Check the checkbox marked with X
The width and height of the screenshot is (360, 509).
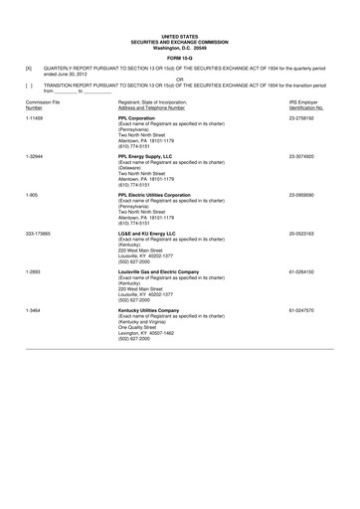click(x=28, y=69)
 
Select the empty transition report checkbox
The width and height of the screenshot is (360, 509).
click(x=28, y=86)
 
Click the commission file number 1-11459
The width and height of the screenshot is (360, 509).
click(x=35, y=117)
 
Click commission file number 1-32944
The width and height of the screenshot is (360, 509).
click(x=35, y=156)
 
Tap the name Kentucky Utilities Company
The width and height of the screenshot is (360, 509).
click(x=154, y=310)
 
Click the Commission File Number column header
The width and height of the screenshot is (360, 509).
click(x=42, y=104)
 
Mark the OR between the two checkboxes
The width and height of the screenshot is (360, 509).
click(x=180, y=80)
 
